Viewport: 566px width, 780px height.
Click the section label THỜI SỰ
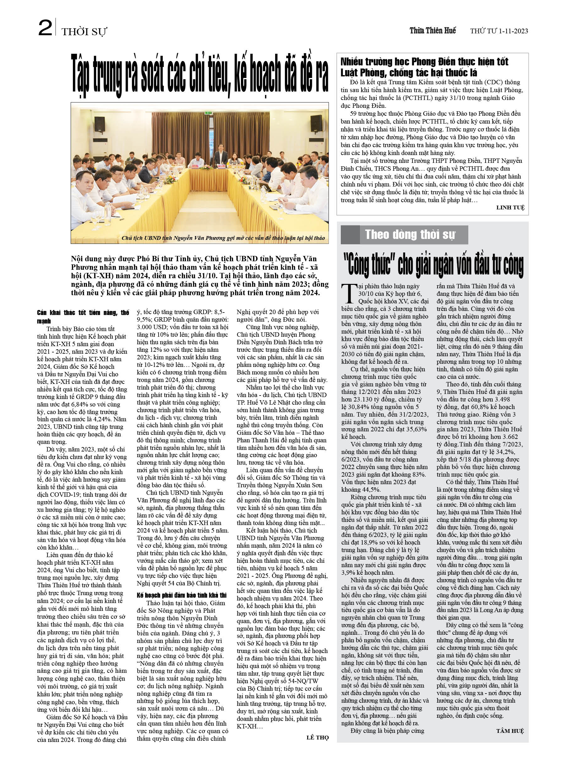pos(84,32)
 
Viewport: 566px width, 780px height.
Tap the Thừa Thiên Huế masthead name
pos(432,30)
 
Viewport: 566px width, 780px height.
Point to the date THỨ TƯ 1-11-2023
pos(499,31)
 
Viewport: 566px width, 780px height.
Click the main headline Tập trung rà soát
pos(199,74)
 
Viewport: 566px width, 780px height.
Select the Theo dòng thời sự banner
pos(410,235)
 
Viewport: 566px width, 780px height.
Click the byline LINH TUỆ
pos(510,207)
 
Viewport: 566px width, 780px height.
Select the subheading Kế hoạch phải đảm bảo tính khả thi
pos(182,595)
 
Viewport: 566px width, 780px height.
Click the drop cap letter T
pos(349,293)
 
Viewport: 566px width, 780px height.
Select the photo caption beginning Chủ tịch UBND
pos(223,238)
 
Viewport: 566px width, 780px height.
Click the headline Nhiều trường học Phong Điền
pos(424,67)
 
